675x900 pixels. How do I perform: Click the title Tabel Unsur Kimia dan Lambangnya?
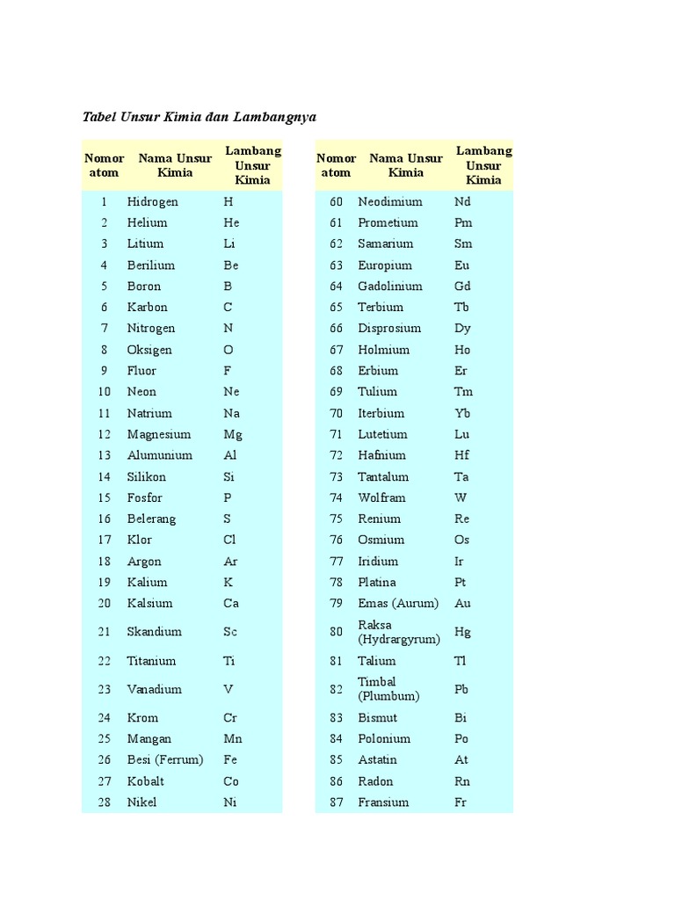coord(199,117)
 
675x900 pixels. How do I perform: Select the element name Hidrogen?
coord(152,201)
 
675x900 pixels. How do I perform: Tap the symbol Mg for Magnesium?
coord(232,434)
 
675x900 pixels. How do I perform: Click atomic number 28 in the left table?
coord(104,802)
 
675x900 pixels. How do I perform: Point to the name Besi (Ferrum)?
coord(164,760)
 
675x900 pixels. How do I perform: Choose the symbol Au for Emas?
coord(462,604)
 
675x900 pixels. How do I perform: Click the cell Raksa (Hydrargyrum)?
coord(398,632)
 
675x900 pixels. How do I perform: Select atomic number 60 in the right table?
coord(335,201)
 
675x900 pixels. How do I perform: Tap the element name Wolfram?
coord(381,497)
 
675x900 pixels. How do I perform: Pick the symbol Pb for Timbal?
coord(461,689)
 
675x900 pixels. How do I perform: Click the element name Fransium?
coord(383,802)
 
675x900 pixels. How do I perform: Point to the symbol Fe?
coord(231,760)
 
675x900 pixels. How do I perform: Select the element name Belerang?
coord(151,519)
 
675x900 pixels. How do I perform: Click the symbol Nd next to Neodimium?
coord(462,201)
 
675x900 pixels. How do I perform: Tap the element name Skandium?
coord(154,632)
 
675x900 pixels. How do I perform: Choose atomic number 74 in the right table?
coord(335,497)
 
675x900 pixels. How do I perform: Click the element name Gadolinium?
coord(389,286)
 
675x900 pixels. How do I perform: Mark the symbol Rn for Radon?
coord(462,781)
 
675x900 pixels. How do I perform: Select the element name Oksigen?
coord(149,350)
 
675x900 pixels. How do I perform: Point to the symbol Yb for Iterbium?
coord(462,413)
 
